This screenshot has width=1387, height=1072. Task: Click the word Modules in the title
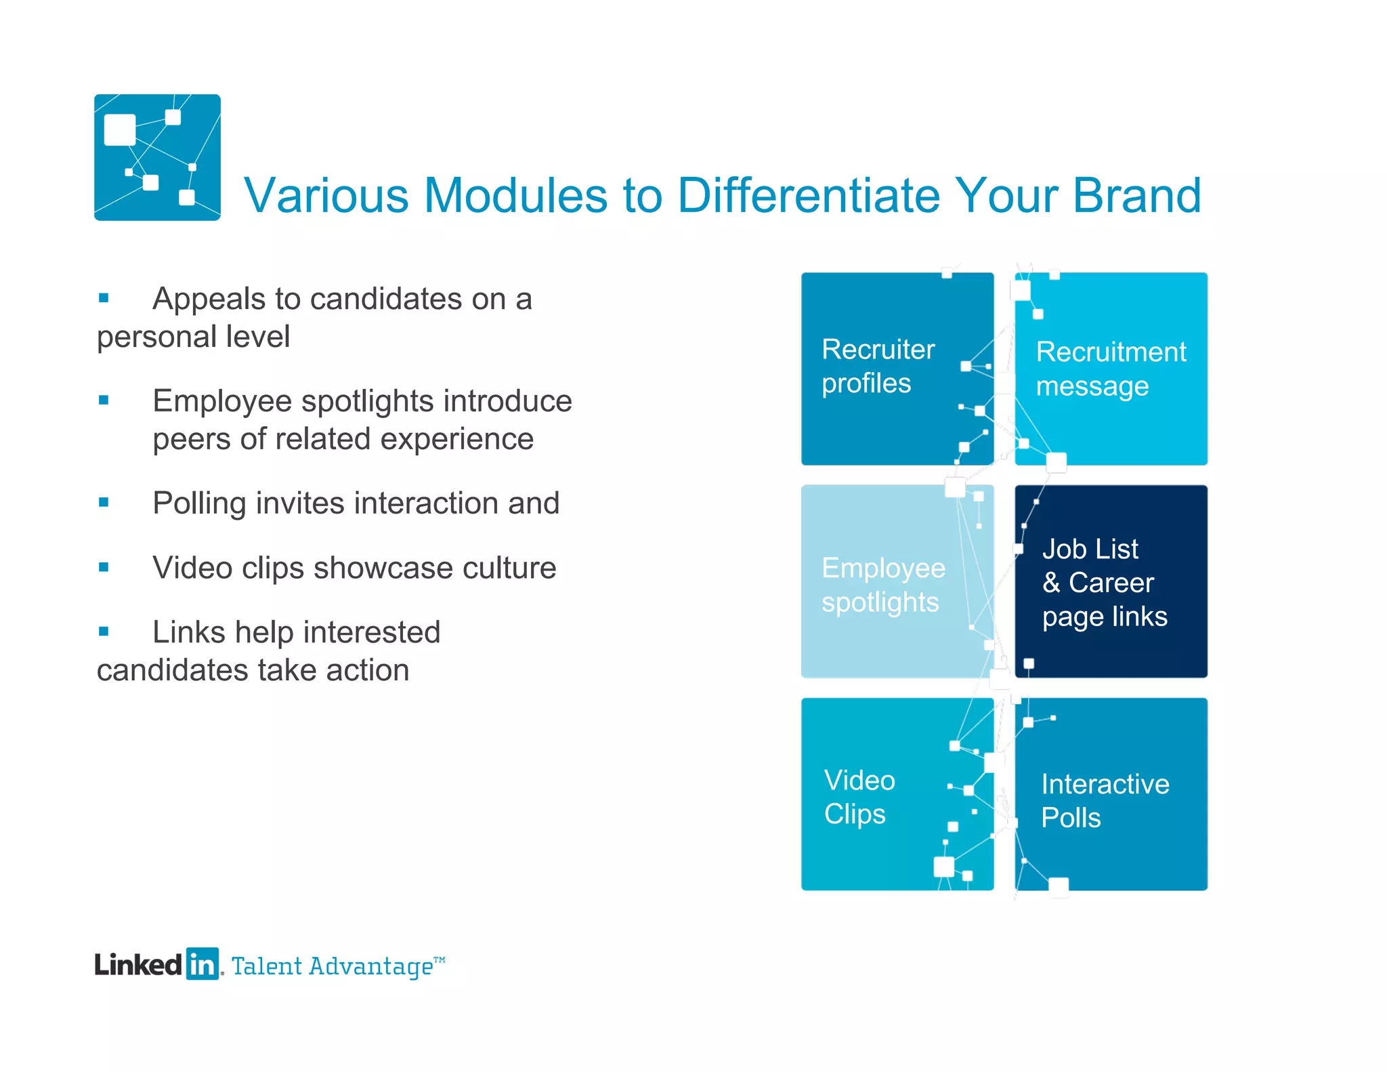pos(515,195)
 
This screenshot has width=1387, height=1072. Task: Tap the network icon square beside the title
pos(157,157)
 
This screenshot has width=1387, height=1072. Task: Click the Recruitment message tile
pos(1111,369)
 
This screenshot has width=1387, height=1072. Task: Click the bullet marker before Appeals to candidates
pos(104,297)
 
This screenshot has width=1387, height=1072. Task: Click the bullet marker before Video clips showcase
pos(104,566)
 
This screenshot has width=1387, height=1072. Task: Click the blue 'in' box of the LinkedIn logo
pos(202,964)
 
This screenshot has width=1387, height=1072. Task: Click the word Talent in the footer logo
pos(267,966)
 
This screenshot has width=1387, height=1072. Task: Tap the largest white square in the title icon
pos(120,129)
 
